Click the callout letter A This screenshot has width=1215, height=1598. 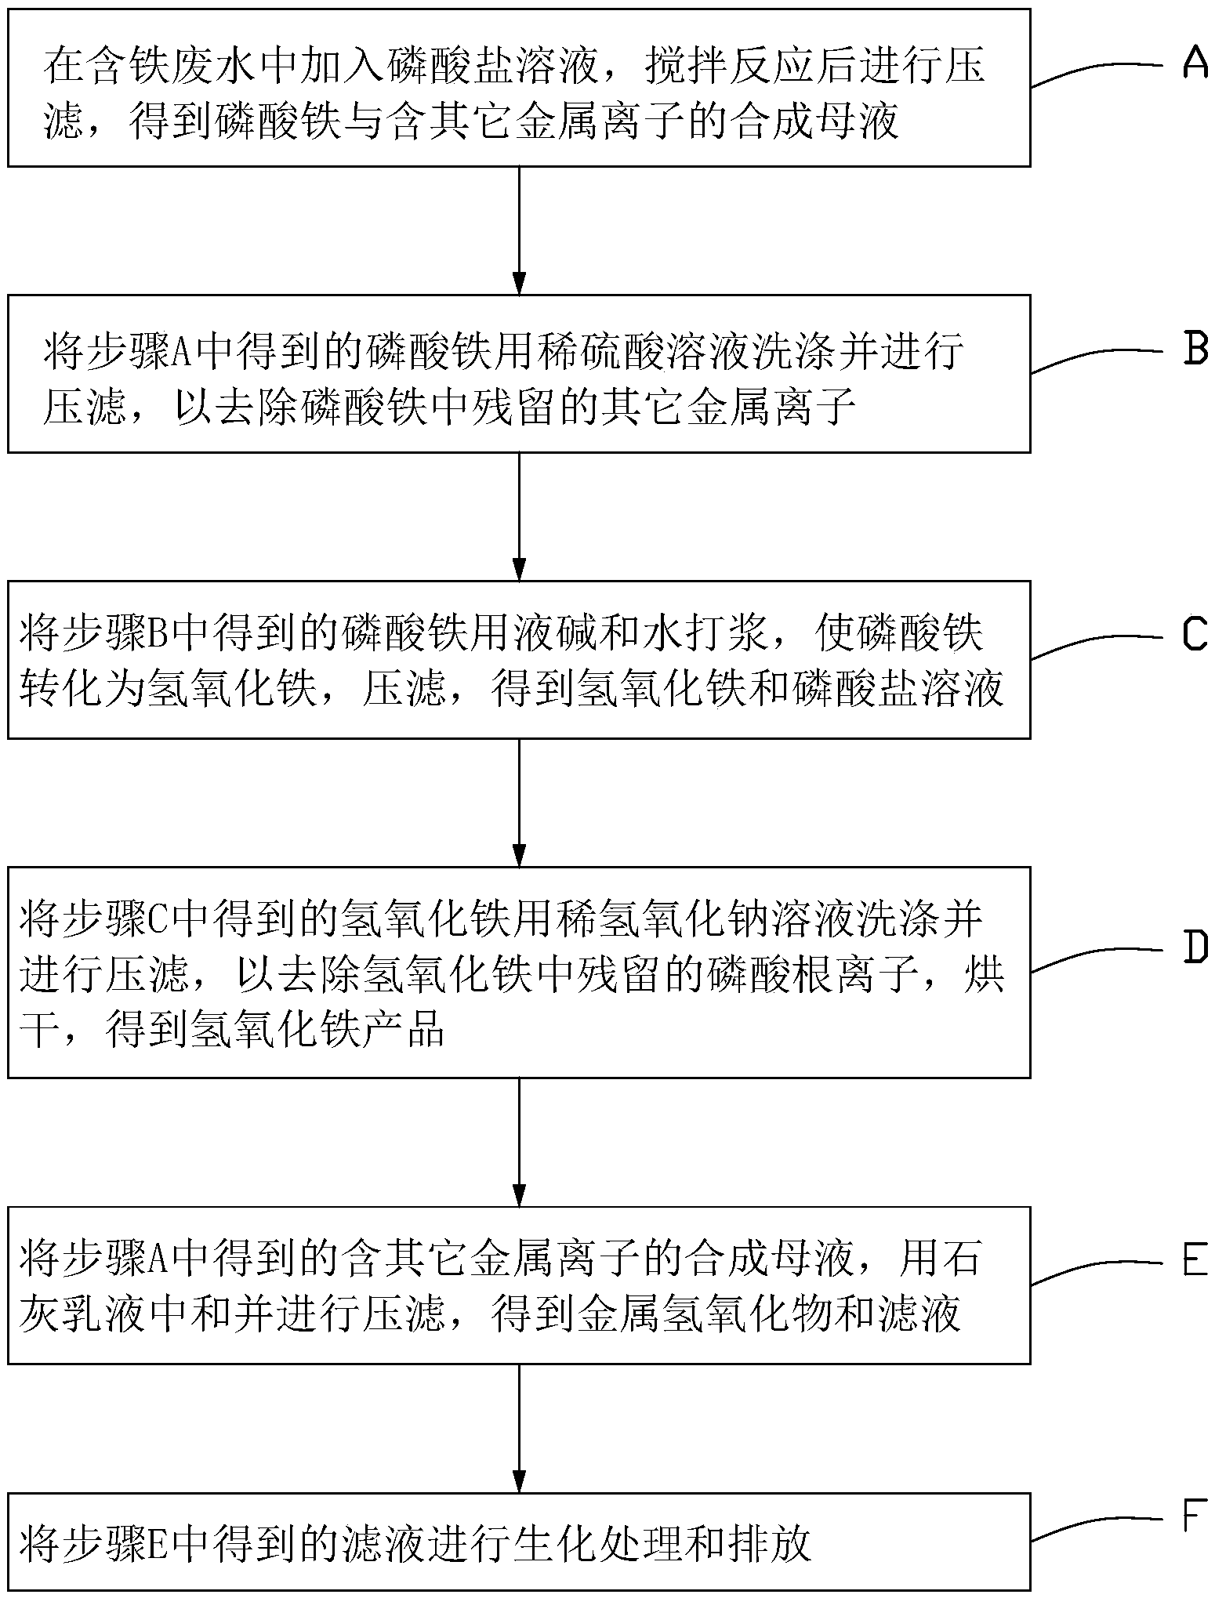[1195, 62]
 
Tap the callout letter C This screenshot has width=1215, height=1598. [1195, 635]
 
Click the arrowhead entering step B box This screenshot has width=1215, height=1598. [518, 282]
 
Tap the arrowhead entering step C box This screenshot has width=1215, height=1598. [518, 568]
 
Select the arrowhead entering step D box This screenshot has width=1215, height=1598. [518, 854]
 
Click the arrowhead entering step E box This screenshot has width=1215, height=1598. [518, 1194]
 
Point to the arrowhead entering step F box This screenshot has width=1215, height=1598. [518, 1480]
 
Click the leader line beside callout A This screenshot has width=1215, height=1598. [1097, 72]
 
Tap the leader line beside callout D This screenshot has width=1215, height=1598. [1097, 958]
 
